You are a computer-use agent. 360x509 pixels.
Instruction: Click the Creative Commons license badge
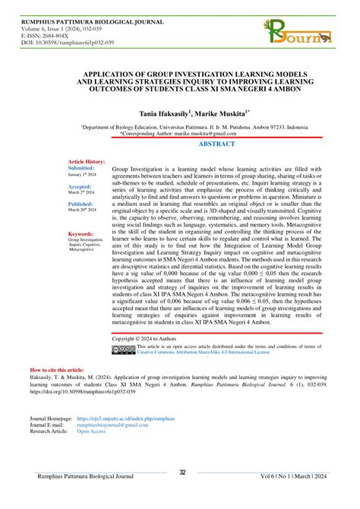coord(124,350)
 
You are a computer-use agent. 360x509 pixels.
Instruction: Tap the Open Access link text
coord(90,431)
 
